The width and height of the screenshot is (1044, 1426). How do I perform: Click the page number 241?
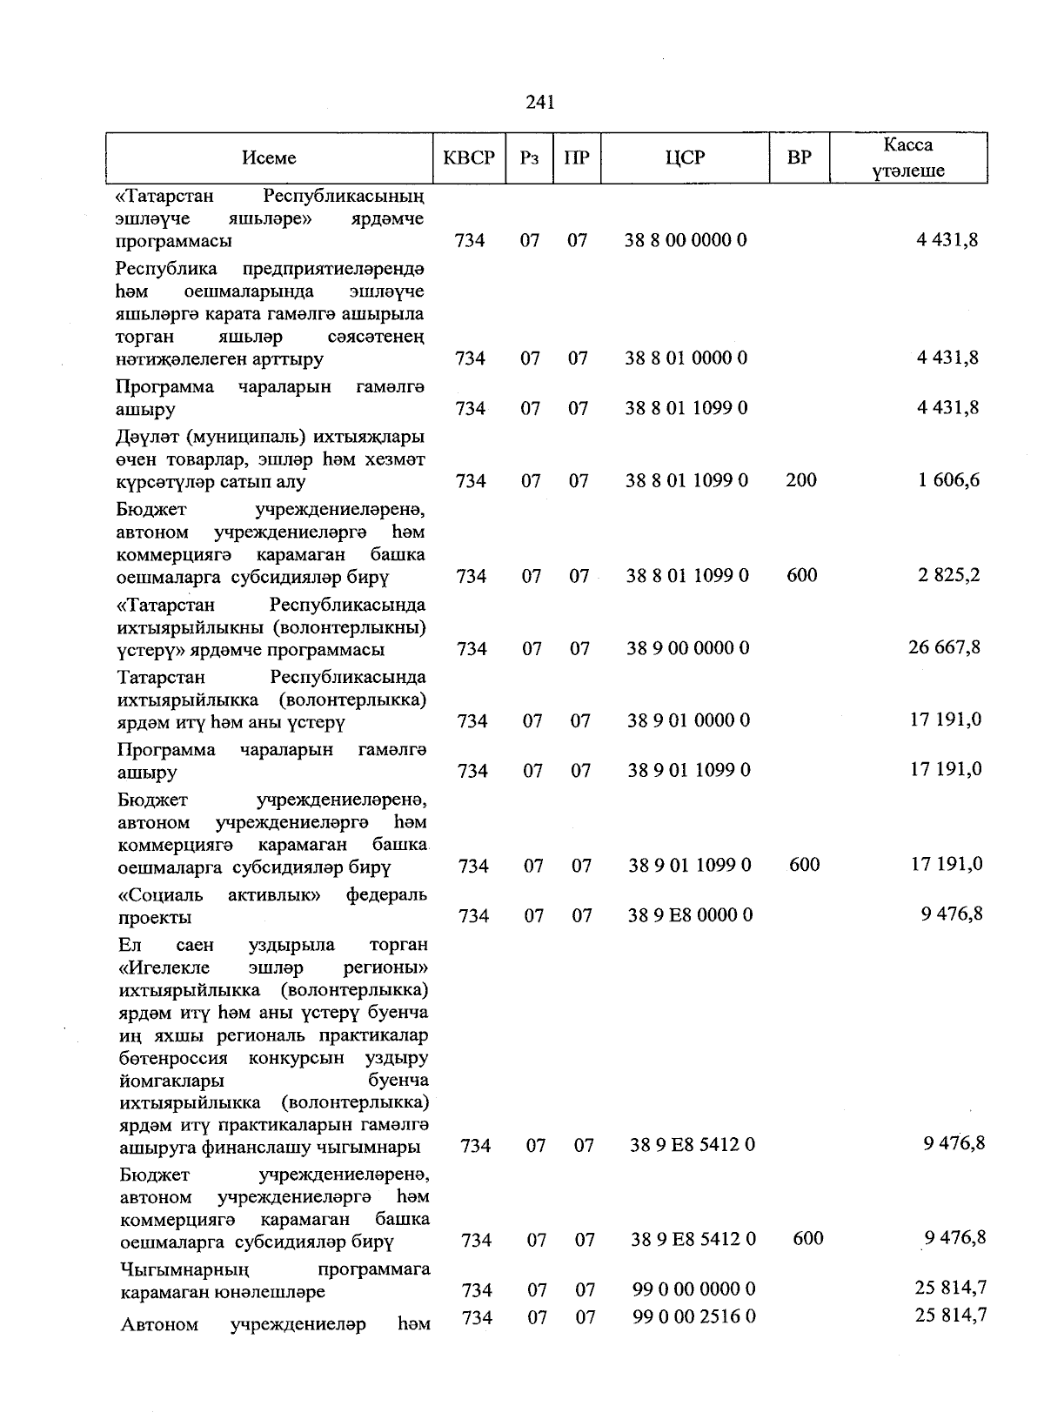coord(540,103)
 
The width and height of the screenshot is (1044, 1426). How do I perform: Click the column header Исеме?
coord(269,157)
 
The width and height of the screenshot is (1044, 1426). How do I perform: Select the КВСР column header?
coord(469,157)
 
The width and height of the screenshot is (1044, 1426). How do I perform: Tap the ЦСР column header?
coord(685,157)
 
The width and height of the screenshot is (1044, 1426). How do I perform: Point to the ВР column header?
coord(800,157)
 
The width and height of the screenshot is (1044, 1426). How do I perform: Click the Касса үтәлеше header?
coord(908,157)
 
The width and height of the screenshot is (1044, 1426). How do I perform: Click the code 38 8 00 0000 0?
coord(686,240)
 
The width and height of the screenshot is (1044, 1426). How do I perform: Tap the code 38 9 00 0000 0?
coord(688,648)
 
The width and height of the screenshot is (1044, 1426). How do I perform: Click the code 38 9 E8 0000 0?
coord(691,915)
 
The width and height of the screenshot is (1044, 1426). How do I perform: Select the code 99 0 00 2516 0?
coord(694,1317)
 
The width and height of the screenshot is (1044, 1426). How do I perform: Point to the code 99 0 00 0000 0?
coord(694,1289)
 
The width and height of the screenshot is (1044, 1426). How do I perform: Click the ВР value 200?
coord(800,480)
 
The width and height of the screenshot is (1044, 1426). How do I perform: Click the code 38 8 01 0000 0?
coord(686,358)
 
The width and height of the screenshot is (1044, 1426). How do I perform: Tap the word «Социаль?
coord(160,894)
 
